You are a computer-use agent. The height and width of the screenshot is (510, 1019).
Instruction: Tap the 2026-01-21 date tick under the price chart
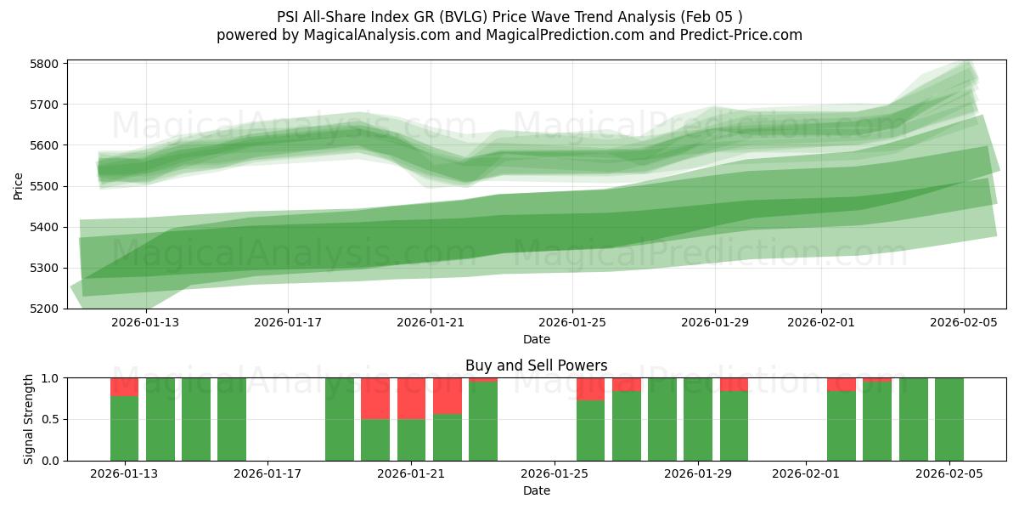click(x=430, y=323)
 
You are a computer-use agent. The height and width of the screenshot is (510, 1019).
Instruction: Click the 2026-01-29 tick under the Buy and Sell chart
click(x=698, y=474)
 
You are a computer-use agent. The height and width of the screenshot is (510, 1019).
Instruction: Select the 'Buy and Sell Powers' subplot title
click(x=536, y=365)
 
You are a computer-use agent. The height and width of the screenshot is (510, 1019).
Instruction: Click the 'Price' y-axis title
click(x=19, y=186)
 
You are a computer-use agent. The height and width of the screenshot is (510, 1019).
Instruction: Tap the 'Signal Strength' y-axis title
click(x=29, y=419)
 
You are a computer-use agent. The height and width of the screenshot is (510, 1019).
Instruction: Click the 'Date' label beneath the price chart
click(x=536, y=339)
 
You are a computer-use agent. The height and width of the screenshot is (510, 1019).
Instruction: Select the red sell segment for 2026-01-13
click(x=124, y=387)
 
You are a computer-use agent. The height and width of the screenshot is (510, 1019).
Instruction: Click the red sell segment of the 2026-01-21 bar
click(x=411, y=398)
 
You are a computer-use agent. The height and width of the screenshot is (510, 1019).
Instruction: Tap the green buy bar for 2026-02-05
click(x=949, y=419)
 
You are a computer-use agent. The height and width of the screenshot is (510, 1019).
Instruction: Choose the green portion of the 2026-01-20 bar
click(x=375, y=439)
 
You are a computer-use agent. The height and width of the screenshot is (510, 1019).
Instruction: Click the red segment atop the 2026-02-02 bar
click(x=841, y=384)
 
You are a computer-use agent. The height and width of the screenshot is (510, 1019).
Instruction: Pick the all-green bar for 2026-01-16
click(x=232, y=419)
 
